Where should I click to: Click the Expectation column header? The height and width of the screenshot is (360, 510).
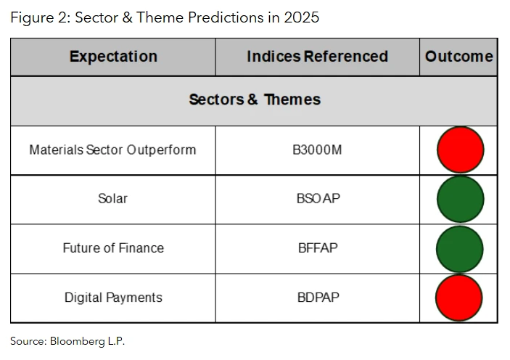coord(113,57)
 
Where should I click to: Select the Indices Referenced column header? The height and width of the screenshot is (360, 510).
coord(317,57)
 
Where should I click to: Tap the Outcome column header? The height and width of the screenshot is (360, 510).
coord(458,57)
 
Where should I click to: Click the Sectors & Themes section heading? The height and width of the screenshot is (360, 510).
coord(254,100)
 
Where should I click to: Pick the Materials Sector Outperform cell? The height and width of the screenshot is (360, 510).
coord(112,150)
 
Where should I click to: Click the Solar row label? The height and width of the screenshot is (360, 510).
coord(112,199)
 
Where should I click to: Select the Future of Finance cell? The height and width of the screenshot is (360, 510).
coord(112,248)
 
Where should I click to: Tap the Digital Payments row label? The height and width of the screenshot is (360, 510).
coord(112,298)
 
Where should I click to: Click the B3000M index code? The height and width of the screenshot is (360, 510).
coord(317,150)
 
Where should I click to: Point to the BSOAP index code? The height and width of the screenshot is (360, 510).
coord(317,199)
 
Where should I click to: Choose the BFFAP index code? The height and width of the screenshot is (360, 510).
coord(317,248)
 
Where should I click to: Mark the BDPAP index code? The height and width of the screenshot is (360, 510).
coord(317,298)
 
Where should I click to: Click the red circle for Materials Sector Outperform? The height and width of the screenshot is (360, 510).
coord(460,150)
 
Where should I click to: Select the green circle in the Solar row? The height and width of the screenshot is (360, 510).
coord(460,199)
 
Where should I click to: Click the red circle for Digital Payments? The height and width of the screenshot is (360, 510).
coord(459,298)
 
